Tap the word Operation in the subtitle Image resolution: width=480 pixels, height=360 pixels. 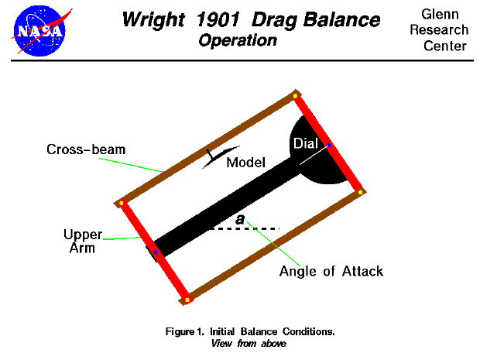[238, 40]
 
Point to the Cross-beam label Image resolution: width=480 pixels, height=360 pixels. [74, 149]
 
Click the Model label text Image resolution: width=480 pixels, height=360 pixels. [246, 163]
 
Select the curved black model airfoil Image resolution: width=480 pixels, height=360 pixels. [220, 156]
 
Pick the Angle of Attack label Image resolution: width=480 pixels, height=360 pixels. [331, 271]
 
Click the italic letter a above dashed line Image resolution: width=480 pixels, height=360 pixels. [240, 220]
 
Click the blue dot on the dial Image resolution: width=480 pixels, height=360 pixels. [329, 145]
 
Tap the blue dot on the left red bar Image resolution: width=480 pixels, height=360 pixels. [156, 252]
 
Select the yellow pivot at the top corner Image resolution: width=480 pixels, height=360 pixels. [296, 96]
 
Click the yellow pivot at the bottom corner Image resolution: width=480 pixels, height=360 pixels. [187, 299]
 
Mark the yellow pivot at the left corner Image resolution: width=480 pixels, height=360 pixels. [122, 204]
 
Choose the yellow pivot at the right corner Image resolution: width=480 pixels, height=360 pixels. [361, 191]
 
